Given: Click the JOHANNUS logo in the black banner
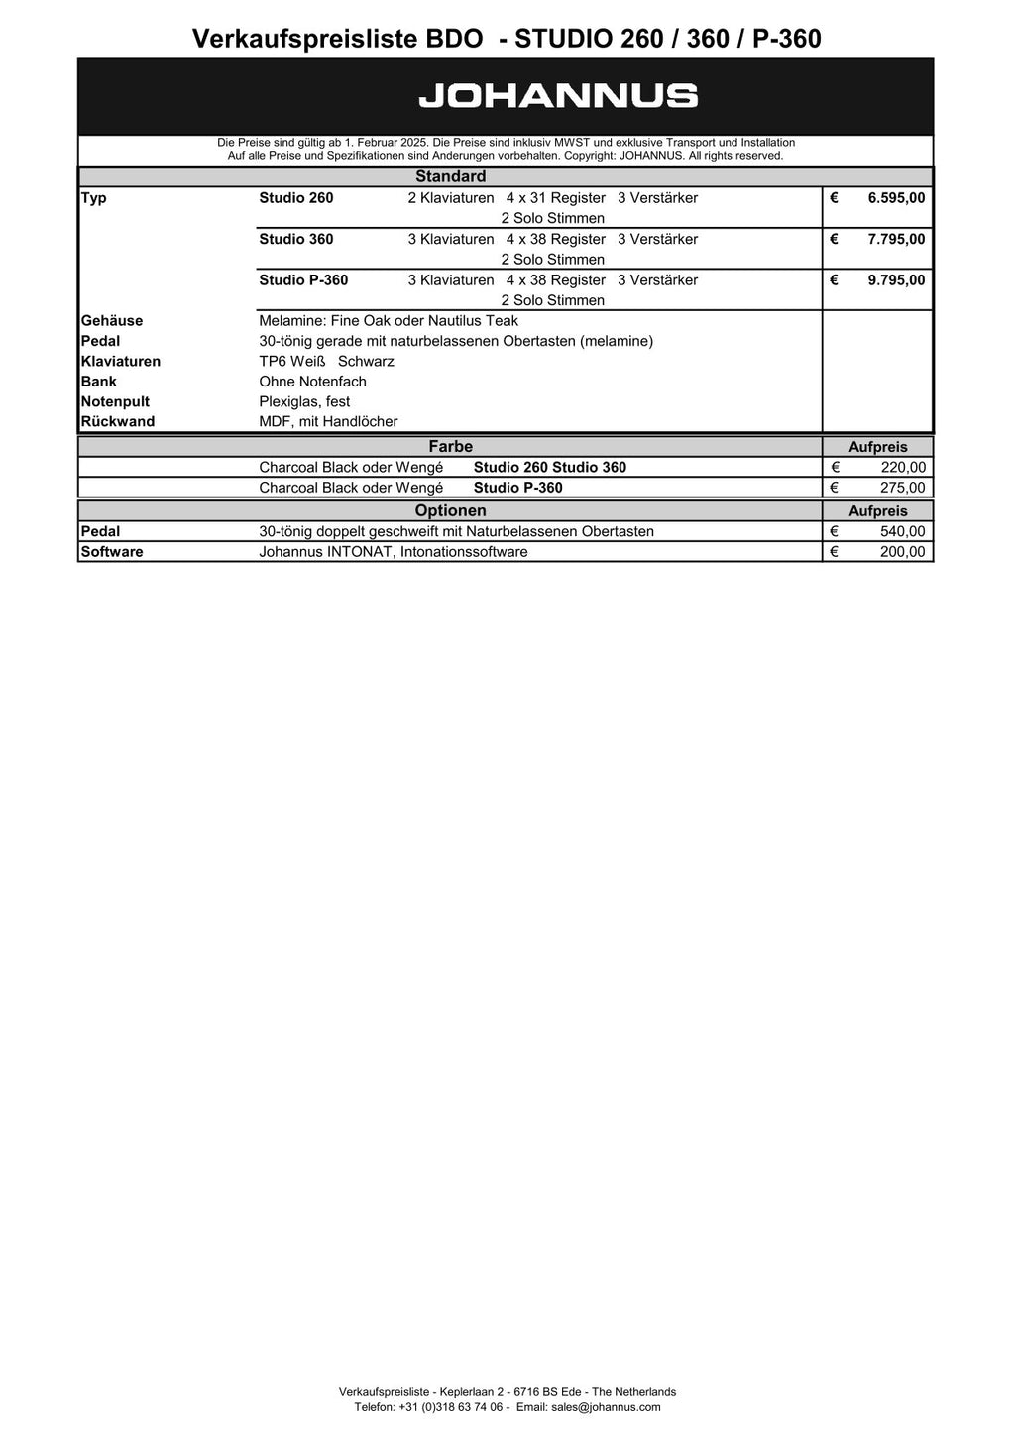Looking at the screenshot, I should (x=558, y=96).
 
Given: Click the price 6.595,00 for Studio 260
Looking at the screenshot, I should (x=896, y=198).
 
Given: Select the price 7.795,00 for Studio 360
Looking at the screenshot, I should (x=896, y=239).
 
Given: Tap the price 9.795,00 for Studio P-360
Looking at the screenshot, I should (x=896, y=280).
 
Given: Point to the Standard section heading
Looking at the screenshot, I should (x=450, y=177).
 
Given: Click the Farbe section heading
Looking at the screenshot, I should (x=450, y=446).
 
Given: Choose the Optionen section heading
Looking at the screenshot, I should (x=450, y=511).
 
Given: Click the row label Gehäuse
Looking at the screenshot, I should (x=112, y=321).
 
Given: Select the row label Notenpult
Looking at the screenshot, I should (x=115, y=401).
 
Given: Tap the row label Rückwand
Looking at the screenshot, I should (x=118, y=422).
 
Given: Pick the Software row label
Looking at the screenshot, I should (x=112, y=552).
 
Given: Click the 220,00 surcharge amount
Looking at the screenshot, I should (x=903, y=468).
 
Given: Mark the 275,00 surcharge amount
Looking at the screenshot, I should (x=903, y=488).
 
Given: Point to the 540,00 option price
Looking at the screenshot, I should (x=903, y=532).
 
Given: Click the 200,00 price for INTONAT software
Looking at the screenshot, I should (x=903, y=552).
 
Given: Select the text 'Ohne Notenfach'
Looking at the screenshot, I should (x=312, y=382).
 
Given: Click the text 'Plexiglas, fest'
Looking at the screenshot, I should (x=304, y=401).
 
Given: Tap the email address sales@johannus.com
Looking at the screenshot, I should (x=606, y=1407).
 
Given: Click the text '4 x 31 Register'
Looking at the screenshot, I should (x=555, y=198).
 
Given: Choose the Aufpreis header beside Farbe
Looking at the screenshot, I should (x=877, y=447).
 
